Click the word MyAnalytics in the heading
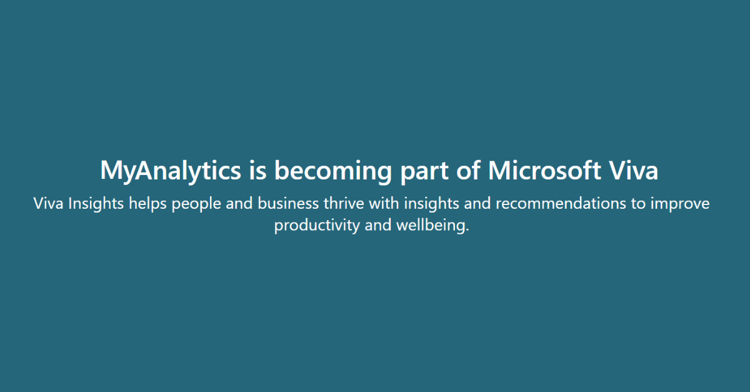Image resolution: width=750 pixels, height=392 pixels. pos(171,171)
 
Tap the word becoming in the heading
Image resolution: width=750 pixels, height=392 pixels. pos(332,171)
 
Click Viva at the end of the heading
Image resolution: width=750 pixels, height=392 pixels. pos(633,170)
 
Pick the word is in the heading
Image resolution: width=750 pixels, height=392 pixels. pos(257,170)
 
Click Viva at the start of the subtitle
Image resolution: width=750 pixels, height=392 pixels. pos(49,203)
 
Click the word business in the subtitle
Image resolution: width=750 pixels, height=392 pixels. pos(288,203)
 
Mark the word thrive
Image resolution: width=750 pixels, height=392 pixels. pos(344,203)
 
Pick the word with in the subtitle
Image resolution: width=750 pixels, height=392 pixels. pos(384,203)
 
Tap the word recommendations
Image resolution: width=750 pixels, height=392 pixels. pos(561,203)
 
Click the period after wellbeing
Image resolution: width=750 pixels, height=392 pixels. pos(467,230)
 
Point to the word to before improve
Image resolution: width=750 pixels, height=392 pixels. pos(638,204)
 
